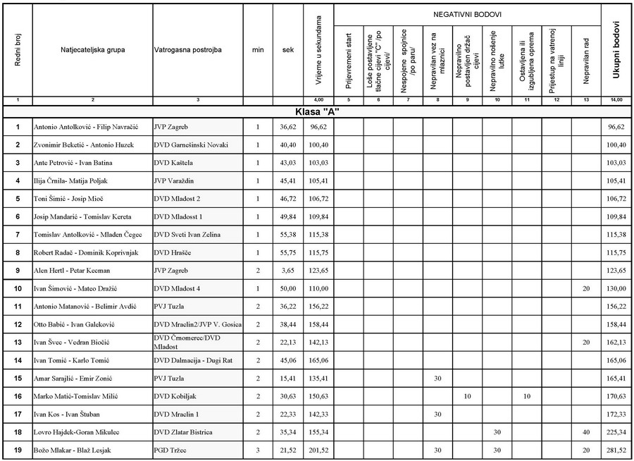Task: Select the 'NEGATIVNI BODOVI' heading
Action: (467, 14)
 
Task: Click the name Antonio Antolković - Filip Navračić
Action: (86, 127)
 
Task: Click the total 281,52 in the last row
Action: (616, 450)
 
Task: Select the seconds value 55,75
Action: (288, 252)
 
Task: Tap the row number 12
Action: (18, 324)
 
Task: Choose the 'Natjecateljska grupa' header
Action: (92, 51)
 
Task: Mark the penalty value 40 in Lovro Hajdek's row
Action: (586, 432)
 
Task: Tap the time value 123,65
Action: (319, 271)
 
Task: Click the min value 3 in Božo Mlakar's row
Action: (258, 450)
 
